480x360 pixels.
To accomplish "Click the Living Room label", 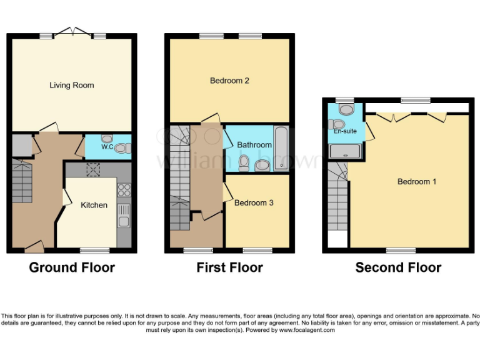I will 72,85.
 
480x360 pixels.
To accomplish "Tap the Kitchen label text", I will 94,205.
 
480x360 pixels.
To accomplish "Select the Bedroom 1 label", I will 417,182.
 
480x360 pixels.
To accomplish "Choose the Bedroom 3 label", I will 254,202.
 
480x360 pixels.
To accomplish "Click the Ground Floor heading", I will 72,267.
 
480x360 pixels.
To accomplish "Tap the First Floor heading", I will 229,267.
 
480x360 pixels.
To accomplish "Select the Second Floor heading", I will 398,267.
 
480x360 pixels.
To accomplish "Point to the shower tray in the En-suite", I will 345,151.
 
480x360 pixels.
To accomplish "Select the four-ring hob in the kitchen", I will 123,189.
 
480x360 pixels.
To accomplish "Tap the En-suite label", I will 344,132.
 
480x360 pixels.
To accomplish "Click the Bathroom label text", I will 253,144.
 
